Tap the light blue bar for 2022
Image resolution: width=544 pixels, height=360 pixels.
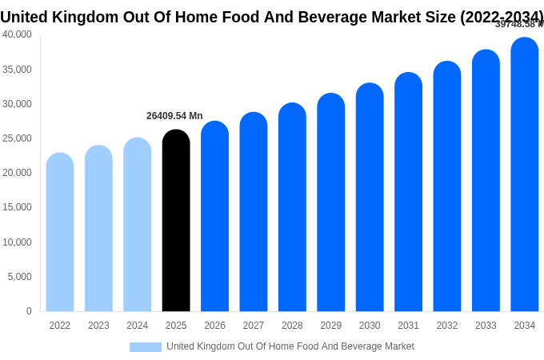[x=60, y=232]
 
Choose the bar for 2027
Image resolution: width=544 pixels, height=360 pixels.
[x=254, y=212]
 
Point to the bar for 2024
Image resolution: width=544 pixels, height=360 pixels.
[x=137, y=225]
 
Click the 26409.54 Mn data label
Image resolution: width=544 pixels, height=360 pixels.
[x=174, y=116]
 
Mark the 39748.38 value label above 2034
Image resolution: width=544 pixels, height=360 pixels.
[x=518, y=24]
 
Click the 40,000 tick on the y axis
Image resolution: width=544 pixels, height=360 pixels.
[x=18, y=34]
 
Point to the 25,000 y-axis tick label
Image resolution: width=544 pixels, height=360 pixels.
[x=18, y=138]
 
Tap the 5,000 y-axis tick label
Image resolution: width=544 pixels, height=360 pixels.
[x=20, y=277]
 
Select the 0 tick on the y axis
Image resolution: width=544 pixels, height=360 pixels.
[x=29, y=311]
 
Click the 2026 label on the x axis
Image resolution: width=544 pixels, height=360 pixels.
[x=214, y=326]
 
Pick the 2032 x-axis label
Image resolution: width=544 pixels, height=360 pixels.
[x=447, y=326]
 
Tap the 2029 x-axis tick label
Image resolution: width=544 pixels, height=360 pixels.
[x=331, y=326]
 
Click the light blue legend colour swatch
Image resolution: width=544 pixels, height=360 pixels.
[x=146, y=347]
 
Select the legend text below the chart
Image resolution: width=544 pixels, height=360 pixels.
[x=290, y=346]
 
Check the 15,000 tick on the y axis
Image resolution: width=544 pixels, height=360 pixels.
[x=18, y=207]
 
